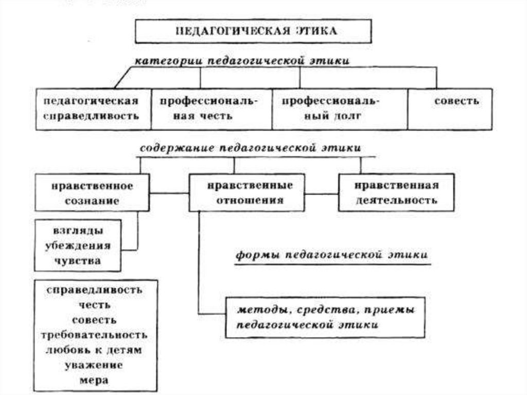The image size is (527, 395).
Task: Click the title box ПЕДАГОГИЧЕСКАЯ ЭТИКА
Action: click(x=253, y=31)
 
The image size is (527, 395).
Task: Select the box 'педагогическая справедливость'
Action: click(x=93, y=109)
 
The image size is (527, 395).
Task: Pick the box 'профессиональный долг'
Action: click(x=339, y=109)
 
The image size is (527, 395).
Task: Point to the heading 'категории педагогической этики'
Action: click(x=242, y=61)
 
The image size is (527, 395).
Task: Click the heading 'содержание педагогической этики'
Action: click(x=250, y=148)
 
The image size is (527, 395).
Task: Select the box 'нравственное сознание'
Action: click(x=93, y=193)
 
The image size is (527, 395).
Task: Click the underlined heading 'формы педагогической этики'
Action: click(x=331, y=255)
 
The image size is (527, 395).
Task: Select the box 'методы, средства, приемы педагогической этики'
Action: click(x=325, y=317)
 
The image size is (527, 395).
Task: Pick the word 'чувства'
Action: click(x=78, y=261)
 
